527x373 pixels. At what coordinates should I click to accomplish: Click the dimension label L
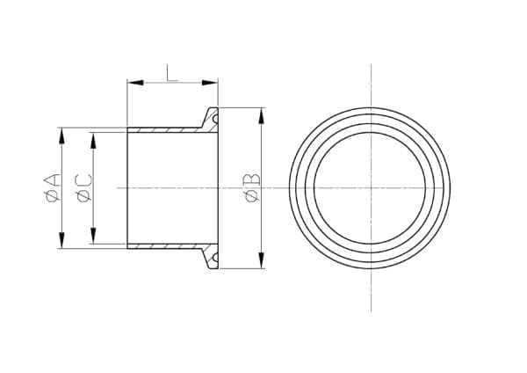click(172, 73)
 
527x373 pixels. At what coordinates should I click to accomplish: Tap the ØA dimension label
click(53, 188)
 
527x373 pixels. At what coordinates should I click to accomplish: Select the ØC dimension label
click(84, 188)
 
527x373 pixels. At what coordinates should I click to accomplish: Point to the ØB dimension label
click(253, 188)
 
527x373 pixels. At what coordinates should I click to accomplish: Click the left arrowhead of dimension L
click(135, 83)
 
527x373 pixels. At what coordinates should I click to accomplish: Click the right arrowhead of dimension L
click(210, 83)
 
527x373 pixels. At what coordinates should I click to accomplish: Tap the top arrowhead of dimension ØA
click(61, 136)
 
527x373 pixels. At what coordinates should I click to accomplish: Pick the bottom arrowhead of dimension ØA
click(61, 240)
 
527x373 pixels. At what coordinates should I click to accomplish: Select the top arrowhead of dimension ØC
click(93, 141)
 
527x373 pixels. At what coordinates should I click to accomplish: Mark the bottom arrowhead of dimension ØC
click(93, 235)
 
